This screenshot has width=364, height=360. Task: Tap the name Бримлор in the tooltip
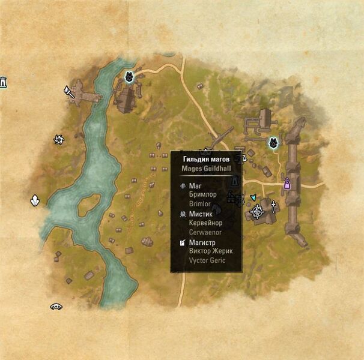click(202, 196)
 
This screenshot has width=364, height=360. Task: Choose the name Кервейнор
click(205, 223)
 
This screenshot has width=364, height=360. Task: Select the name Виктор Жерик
click(211, 251)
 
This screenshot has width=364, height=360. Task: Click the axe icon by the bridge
click(68, 92)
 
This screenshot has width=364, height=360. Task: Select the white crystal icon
click(35, 201)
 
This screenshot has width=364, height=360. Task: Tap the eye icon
click(56, 307)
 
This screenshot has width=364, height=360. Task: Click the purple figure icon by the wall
click(287, 183)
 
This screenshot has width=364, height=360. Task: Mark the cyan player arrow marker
click(253, 197)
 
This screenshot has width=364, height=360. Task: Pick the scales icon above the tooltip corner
click(243, 158)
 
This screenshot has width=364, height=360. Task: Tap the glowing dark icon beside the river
click(129, 77)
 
